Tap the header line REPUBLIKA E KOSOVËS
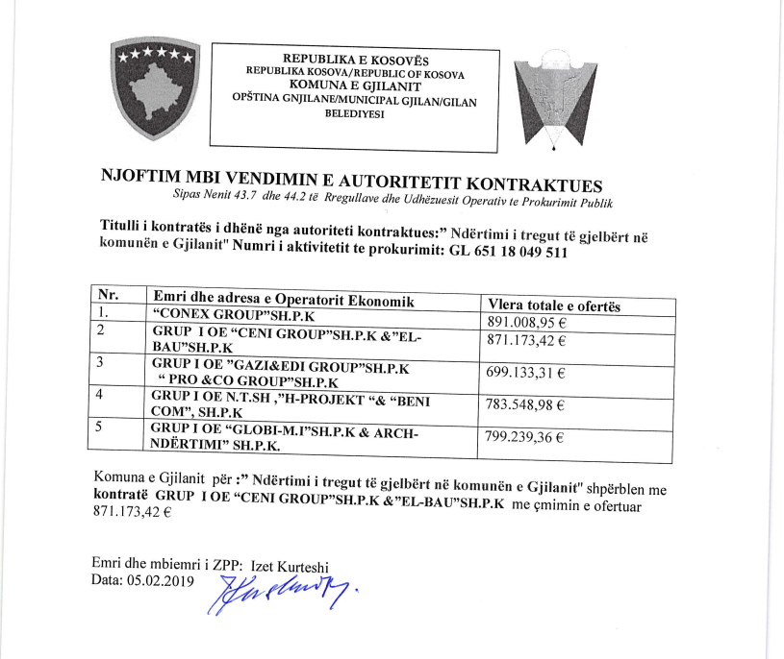tap(355, 60)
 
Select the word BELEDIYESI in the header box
tap(355, 113)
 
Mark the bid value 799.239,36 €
tap(526, 438)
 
